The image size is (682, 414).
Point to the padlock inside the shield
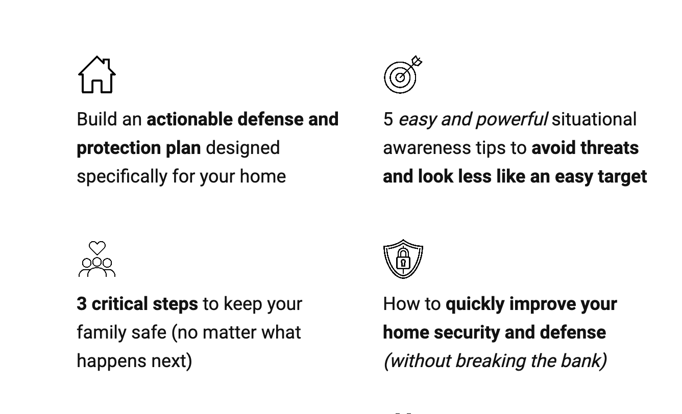tap(403, 259)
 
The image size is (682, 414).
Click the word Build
tap(97, 119)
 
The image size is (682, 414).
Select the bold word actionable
tap(189, 119)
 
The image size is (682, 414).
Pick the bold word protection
tap(119, 148)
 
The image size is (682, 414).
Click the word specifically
tap(122, 177)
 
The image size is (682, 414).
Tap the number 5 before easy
tap(388, 119)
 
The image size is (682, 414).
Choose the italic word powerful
tap(512, 119)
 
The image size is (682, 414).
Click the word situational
tap(594, 119)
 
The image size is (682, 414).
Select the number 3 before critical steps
tap(81, 303)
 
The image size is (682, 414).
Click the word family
tap(102, 332)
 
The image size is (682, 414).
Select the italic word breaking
tap(491, 361)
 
